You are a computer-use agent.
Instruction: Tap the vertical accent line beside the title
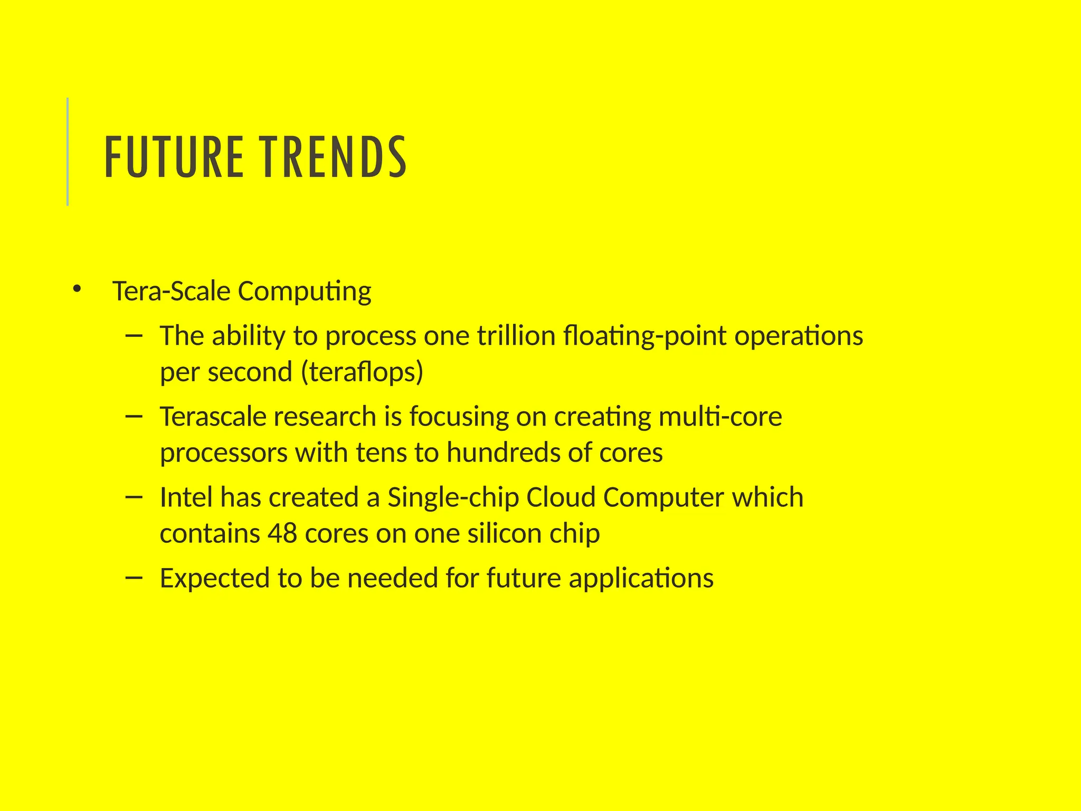click(x=68, y=152)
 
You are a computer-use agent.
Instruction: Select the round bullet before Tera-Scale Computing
click(x=77, y=289)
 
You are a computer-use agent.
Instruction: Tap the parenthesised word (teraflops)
click(x=362, y=372)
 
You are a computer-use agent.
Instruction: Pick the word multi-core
click(x=720, y=417)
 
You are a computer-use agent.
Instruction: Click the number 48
click(x=282, y=533)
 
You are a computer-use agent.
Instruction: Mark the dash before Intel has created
click(x=135, y=497)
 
